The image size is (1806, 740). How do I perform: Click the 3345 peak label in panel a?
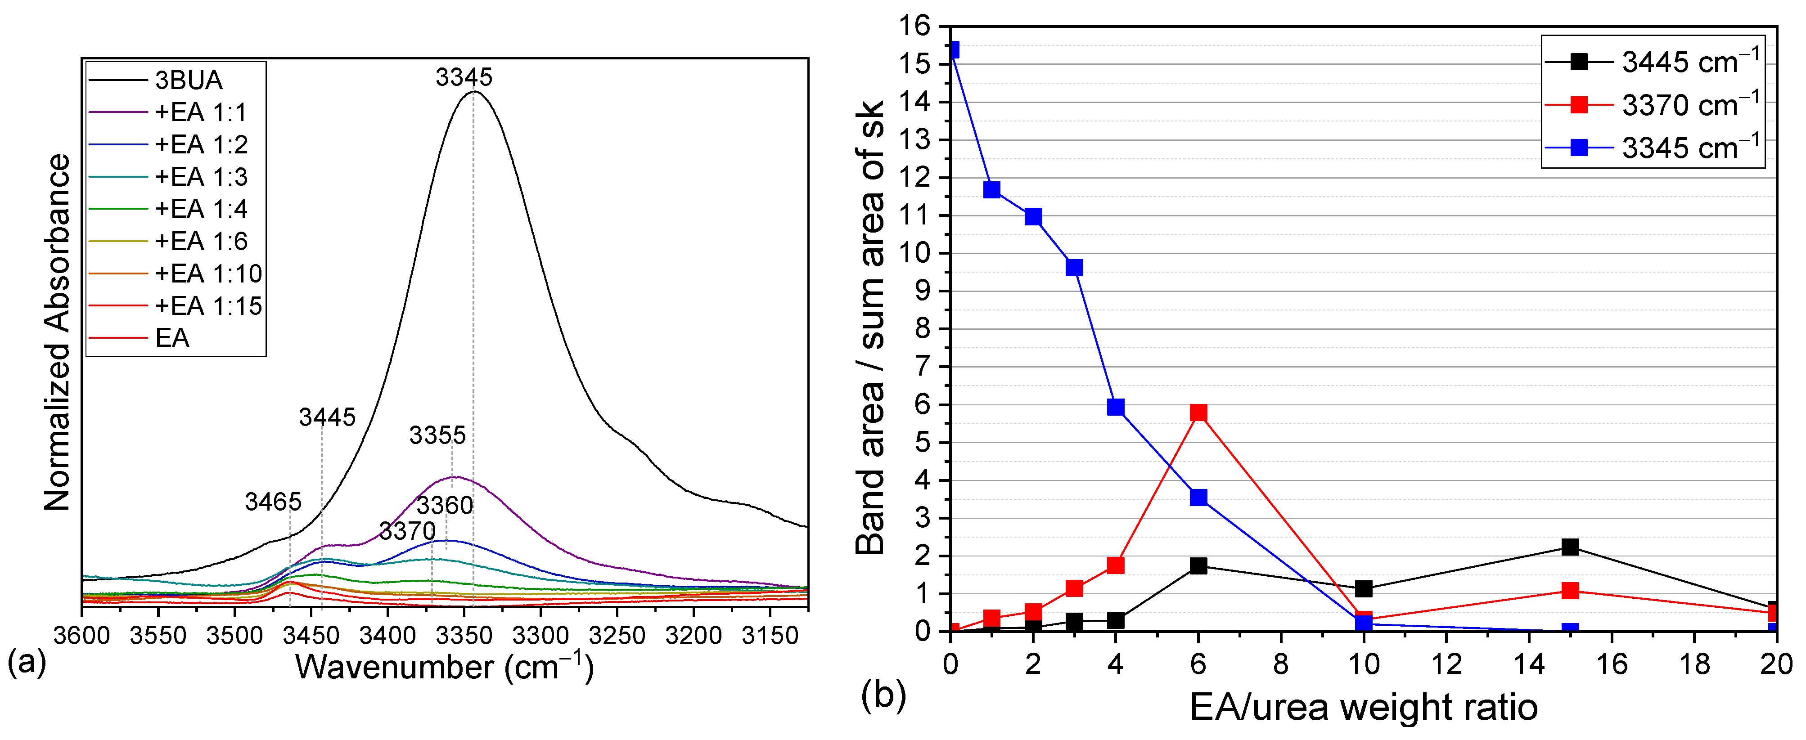pyautogui.click(x=464, y=77)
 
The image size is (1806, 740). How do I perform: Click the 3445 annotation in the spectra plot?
pyautogui.click(x=328, y=417)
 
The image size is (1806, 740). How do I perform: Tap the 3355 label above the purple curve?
pyautogui.click(x=437, y=435)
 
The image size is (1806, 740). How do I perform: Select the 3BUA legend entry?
pyautogui.click(x=188, y=81)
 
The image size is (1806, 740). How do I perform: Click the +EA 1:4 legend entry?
pyautogui.click(x=201, y=209)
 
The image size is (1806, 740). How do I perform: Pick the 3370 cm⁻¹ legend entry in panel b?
pyautogui.click(x=1689, y=106)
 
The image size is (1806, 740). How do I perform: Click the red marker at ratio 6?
pyautogui.click(x=1198, y=413)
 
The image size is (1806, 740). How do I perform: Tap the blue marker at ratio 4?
pyautogui.click(x=1116, y=407)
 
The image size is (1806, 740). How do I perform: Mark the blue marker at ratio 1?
pyautogui.click(x=991, y=190)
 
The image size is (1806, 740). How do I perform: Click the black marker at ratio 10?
pyautogui.click(x=1364, y=589)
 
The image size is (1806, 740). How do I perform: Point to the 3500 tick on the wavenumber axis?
pyautogui.click(x=234, y=636)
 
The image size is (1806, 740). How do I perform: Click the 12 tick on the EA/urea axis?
pyautogui.click(x=1446, y=664)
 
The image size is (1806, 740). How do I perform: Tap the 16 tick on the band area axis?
pyautogui.click(x=915, y=27)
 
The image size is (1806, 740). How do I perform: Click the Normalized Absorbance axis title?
pyautogui.click(x=58, y=333)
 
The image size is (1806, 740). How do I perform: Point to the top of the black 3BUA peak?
pyautogui.click(x=475, y=92)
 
